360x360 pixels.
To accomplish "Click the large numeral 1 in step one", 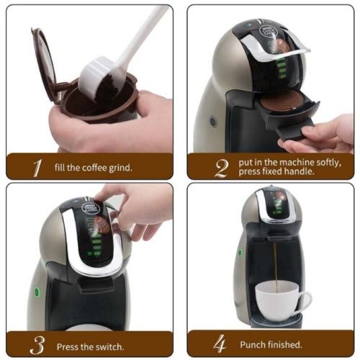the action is pos(37,168).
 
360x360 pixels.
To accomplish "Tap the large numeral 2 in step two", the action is pos(222,168).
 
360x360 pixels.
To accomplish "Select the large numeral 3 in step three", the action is pos(37,345).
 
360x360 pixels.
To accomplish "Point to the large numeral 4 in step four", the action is pos(220,343).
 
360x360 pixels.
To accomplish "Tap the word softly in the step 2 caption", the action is pos(329,163).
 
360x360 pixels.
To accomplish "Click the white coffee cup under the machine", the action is pos(282,301).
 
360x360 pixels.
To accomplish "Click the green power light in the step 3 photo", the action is pos(37,292).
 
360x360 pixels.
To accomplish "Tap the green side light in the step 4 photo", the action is pos(240,252).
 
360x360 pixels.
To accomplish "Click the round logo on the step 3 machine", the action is pos(90,208).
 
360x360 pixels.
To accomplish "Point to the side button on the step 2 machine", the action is pos(213,122).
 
